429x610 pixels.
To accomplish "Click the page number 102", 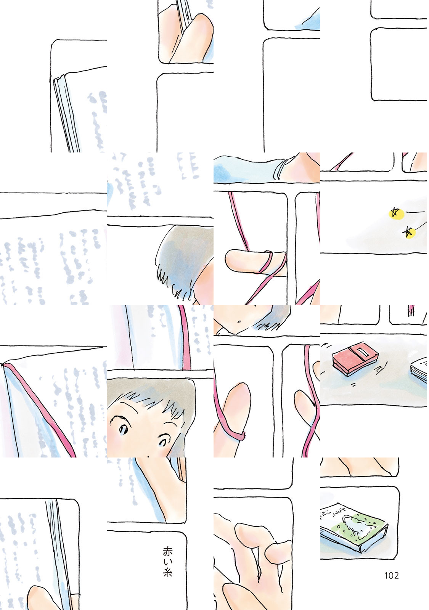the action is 391,575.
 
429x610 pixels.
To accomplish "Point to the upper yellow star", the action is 394,212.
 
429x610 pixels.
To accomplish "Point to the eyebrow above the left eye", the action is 120,418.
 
